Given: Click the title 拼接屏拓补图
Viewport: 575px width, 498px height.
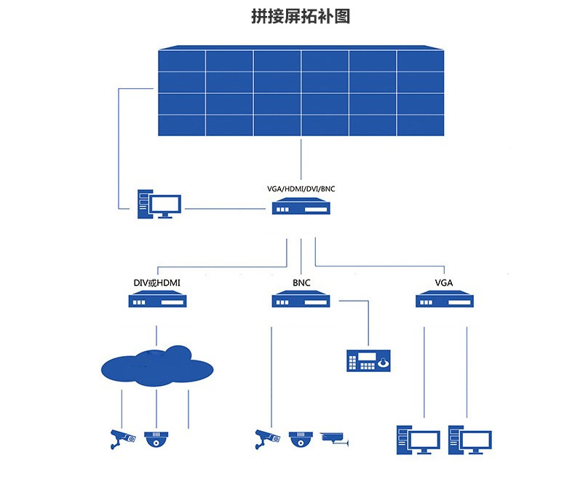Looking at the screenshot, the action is point(301,17).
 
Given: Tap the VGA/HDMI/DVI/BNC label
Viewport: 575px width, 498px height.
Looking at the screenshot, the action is point(301,189).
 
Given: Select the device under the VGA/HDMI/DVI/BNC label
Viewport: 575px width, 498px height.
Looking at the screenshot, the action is point(301,206).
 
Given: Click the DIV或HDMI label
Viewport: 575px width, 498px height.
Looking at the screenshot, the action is point(157,282).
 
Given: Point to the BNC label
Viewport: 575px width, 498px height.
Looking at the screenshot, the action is point(301,282).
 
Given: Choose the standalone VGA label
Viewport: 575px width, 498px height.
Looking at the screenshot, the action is point(444,282).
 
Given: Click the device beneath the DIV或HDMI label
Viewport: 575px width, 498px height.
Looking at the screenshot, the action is point(157,299).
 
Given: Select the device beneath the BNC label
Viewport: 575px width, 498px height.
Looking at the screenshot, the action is point(301,299).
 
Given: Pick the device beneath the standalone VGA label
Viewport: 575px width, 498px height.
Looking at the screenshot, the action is point(445,299).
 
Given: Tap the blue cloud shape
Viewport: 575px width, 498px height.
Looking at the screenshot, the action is point(157,366).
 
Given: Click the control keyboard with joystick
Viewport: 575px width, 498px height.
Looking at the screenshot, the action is point(368,360).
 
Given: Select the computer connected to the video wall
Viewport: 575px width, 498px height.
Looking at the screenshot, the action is point(159,205).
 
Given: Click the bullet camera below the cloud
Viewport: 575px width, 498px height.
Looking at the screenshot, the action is point(122,439).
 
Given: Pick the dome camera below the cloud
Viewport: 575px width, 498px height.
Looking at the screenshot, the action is point(156,439).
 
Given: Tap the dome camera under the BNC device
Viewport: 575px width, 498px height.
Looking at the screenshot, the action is point(301,439).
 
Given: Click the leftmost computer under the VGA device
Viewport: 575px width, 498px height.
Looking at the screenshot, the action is point(418,440).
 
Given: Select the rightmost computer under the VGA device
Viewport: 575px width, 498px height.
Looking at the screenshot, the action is point(469,440).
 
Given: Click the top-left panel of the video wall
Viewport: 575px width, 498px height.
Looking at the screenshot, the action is point(181,61).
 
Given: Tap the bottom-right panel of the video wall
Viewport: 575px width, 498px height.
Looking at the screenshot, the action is point(421,125).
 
